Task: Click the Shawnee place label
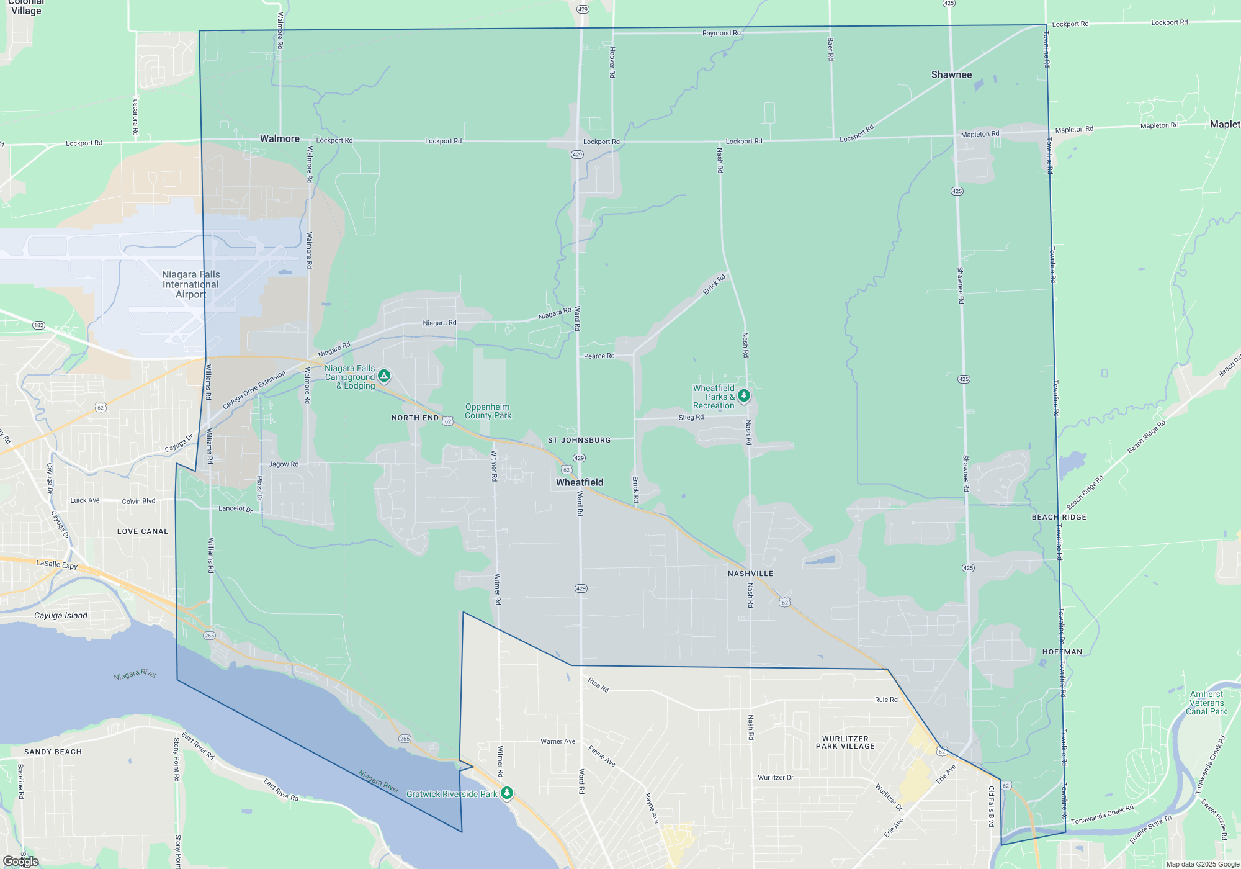click(951, 74)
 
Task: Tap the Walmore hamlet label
click(279, 138)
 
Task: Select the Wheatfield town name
click(580, 482)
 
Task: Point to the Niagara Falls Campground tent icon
click(384, 376)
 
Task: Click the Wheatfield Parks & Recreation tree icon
click(743, 395)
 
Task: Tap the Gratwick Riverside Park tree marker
click(507, 793)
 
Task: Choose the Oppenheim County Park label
click(488, 412)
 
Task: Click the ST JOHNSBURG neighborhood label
click(579, 440)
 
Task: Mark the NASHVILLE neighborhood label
click(750, 574)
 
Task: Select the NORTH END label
click(415, 418)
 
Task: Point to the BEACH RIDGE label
click(1059, 517)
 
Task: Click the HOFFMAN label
click(1062, 652)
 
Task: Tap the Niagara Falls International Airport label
click(190, 284)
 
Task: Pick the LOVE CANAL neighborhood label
click(143, 531)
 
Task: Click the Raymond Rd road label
click(721, 33)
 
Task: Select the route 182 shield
click(39, 325)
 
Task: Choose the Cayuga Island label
click(61, 615)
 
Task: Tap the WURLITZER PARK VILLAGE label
click(845, 742)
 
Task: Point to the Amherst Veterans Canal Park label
click(1206, 703)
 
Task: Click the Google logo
click(20, 861)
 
